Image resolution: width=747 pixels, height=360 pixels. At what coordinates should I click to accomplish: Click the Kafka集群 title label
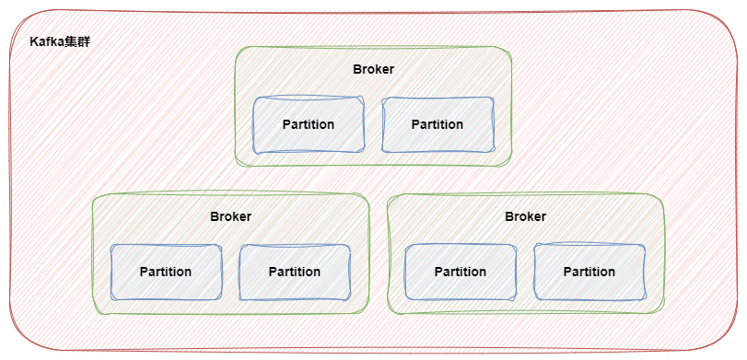[x=60, y=43]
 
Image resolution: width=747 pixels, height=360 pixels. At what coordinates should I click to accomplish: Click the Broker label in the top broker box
[x=373, y=69]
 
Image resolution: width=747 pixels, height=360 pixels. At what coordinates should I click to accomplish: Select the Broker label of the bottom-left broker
[x=230, y=216]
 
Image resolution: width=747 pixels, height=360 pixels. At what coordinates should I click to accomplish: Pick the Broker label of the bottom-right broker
[x=525, y=216]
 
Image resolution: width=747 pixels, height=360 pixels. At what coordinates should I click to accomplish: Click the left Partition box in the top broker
[x=309, y=124]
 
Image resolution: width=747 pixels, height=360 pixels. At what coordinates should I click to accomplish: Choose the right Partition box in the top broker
[x=438, y=124]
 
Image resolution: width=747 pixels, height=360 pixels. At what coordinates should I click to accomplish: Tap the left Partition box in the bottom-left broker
[x=166, y=272]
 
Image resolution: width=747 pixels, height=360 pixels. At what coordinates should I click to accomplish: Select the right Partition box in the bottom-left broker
[x=295, y=272]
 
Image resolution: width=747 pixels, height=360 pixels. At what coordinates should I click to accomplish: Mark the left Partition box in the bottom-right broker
[x=461, y=272]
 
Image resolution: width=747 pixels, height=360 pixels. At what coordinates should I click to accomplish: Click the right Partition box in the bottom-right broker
[x=589, y=272]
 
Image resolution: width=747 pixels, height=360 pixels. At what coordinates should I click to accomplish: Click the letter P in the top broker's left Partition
[x=286, y=124]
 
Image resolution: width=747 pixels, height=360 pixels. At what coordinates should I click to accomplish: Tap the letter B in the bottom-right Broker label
[x=508, y=216]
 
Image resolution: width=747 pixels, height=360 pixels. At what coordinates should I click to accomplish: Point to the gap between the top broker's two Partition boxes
[x=373, y=124]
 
